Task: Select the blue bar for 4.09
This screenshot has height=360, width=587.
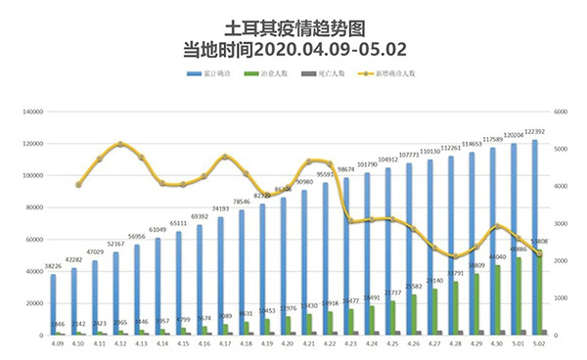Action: tap(54, 304)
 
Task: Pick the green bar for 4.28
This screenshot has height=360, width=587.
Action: tap(455, 308)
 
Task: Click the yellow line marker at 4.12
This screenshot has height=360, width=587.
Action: tap(120, 144)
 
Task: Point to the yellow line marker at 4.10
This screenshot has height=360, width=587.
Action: tap(78, 185)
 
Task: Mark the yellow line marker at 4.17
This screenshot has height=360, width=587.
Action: tap(225, 157)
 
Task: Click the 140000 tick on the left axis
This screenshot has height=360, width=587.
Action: tap(30, 112)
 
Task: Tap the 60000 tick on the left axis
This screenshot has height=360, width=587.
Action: tap(32, 240)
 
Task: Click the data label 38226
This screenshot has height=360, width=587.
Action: tap(54, 267)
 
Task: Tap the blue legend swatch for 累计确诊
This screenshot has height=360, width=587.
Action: tap(194, 73)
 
